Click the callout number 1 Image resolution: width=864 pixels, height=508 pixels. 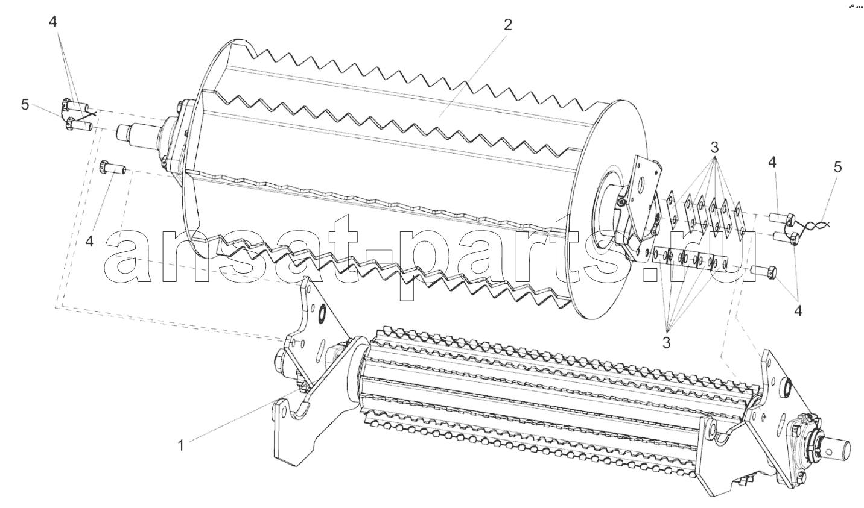pyautogui.click(x=180, y=445)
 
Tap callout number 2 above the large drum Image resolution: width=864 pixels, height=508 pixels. pyautogui.click(x=508, y=25)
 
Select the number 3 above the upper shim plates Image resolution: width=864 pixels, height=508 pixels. pyautogui.click(x=714, y=148)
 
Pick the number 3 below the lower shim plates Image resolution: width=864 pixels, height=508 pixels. pyautogui.click(x=667, y=342)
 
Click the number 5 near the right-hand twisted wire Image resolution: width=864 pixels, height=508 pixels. pyautogui.click(x=837, y=167)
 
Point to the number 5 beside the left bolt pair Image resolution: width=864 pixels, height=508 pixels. pyautogui.click(x=25, y=104)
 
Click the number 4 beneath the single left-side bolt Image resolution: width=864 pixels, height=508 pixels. pyautogui.click(x=89, y=242)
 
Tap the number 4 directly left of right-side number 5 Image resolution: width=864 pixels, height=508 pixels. pyautogui.click(x=772, y=163)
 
